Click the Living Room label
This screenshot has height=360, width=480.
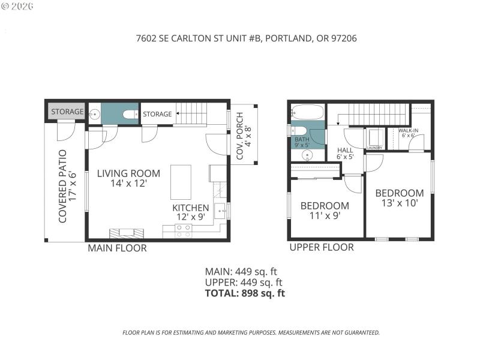[x=121, y=178]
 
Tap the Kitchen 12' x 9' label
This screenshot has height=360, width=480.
[x=191, y=212]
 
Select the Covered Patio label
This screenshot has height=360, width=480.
[x=67, y=186]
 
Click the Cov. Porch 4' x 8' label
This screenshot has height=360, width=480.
[x=244, y=136]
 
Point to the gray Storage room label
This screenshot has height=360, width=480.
[x=67, y=112]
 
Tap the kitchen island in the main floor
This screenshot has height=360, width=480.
[x=181, y=182]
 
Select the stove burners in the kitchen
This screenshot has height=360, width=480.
[x=184, y=231]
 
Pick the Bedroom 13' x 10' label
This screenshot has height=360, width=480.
[x=400, y=198]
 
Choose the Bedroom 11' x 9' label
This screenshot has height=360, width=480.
[x=325, y=211]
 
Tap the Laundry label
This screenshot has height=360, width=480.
[x=375, y=148]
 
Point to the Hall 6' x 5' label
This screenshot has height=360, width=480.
[x=346, y=154]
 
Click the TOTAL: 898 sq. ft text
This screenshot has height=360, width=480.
[x=245, y=293]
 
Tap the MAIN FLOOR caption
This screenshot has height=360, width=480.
[x=117, y=248]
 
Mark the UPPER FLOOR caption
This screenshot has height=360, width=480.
[x=321, y=247]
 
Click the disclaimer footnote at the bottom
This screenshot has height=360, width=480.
[x=251, y=332]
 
